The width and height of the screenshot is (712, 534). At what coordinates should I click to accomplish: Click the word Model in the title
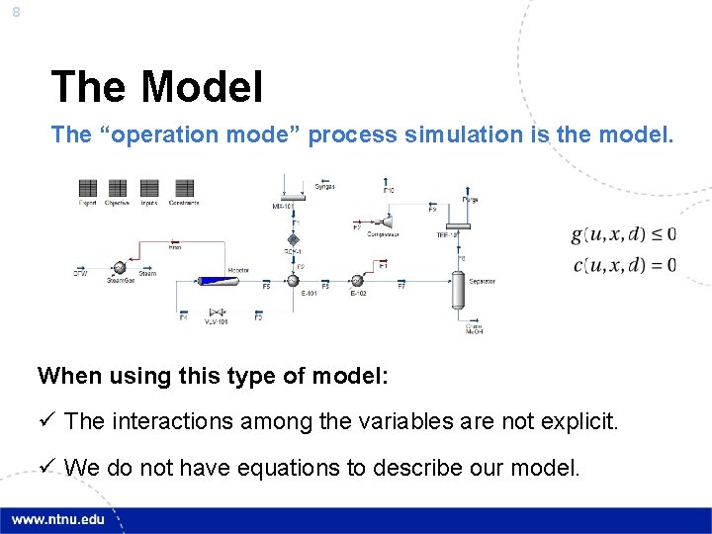tap(202, 87)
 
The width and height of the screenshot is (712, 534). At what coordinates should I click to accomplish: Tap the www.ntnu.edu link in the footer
tap(58, 520)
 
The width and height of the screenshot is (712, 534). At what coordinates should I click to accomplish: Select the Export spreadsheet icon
tap(88, 188)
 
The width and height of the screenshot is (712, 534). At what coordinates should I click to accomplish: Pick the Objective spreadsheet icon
tap(118, 188)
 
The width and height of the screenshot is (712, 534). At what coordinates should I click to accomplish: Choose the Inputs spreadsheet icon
tap(149, 188)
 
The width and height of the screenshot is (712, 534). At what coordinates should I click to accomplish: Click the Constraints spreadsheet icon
tap(184, 188)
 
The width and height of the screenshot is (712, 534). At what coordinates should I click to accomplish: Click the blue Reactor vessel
tap(213, 281)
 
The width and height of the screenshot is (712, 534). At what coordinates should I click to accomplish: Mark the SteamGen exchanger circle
tap(119, 268)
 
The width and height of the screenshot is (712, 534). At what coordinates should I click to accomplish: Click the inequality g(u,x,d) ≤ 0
tap(623, 234)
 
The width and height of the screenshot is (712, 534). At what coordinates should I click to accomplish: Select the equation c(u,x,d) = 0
tap(623, 265)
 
